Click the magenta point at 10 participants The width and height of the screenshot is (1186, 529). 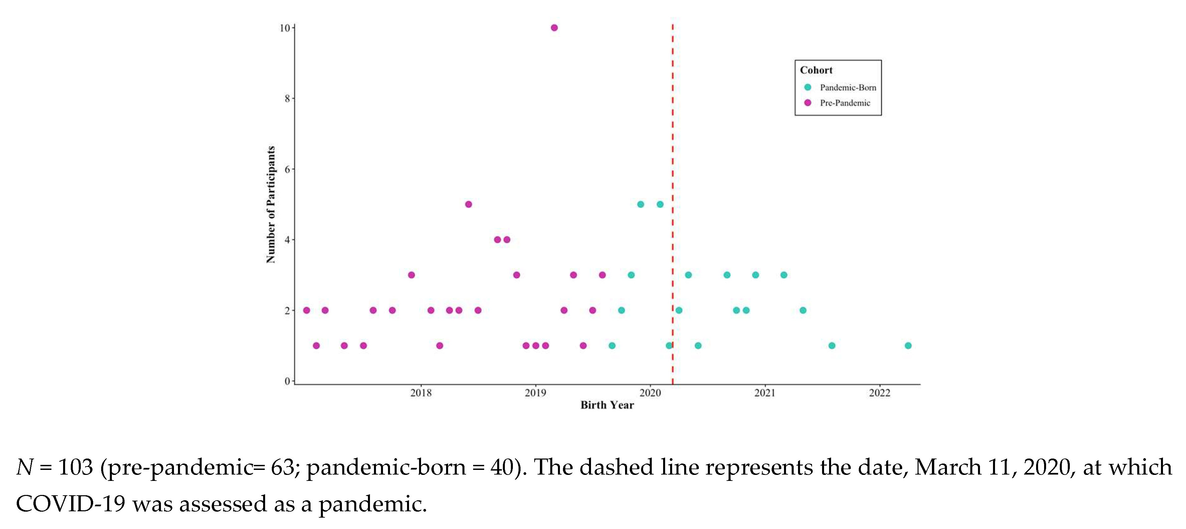point(554,28)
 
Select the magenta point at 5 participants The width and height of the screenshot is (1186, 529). point(468,204)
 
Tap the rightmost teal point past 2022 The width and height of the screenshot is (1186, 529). point(908,346)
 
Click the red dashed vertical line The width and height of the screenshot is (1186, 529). point(673,138)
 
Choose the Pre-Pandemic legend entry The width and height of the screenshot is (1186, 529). point(844,103)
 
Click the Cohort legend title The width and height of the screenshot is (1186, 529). point(816,70)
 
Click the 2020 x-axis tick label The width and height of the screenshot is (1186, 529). point(650,393)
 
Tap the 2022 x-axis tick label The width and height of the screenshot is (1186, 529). point(879,393)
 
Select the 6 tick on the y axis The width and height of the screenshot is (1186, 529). point(287,169)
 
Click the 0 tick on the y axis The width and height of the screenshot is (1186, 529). point(287,381)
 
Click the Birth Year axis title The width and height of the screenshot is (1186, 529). point(607,405)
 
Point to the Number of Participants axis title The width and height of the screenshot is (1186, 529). point(271,204)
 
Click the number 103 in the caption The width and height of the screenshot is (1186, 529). point(75,467)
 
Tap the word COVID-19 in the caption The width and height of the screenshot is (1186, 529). point(70,504)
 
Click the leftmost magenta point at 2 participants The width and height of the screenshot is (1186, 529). point(307,310)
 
